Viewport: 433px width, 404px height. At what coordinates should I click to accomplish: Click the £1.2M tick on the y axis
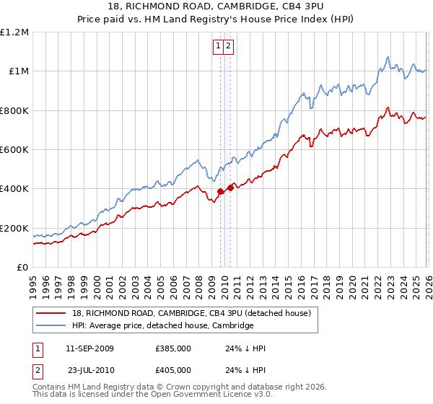(x=14, y=32)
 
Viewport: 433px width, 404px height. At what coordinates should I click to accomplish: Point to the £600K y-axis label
(x=14, y=150)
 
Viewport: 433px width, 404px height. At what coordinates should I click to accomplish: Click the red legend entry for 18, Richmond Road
(x=191, y=313)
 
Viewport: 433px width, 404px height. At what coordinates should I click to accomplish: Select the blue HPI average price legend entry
(x=162, y=326)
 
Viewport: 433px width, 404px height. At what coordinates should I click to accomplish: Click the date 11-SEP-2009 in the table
(x=89, y=348)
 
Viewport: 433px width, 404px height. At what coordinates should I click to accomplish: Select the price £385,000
(x=172, y=348)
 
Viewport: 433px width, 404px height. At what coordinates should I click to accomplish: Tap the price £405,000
(x=172, y=370)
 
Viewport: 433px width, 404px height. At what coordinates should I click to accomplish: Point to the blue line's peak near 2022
(x=388, y=57)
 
